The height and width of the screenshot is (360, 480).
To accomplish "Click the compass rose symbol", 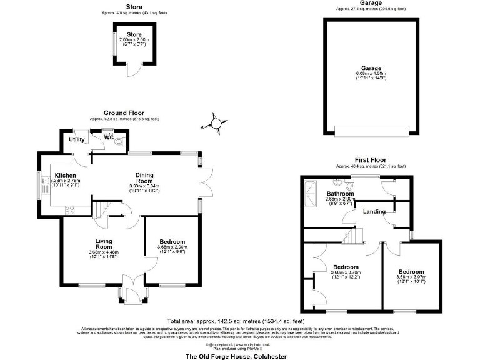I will click(x=217, y=124).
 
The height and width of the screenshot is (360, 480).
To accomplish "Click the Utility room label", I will click(x=77, y=139).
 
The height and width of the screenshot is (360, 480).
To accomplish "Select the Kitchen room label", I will click(x=66, y=175).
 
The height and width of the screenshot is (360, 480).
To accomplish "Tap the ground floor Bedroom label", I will click(x=171, y=242).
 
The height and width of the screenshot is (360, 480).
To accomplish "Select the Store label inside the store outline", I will click(x=134, y=34).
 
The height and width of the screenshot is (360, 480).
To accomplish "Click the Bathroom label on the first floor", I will click(x=340, y=194).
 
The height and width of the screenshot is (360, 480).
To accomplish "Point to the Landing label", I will click(x=374, y=211).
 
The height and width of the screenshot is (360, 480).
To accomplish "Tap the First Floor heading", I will click(x=371, y=160).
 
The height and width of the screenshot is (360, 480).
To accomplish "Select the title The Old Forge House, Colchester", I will click(x=236, y=356).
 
